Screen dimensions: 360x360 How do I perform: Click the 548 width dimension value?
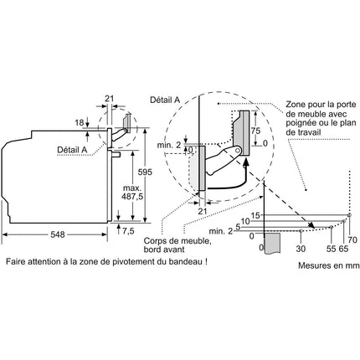point(58,234)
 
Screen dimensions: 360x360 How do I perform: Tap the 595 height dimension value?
point(145,172)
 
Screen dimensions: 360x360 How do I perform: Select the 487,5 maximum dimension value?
point(132,197)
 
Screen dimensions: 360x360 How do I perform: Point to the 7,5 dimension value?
point(128,231)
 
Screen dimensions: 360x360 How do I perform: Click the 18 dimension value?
point(80,122)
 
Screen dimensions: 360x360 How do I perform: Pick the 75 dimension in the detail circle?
point(255,131)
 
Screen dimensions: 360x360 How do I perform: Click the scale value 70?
point(352,239)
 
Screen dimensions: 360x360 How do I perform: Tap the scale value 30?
point(301,249)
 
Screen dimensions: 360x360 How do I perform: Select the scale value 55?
point(331,249)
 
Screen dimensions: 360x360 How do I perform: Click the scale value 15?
point(255,215)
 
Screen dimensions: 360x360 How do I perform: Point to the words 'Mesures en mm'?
point(329,265)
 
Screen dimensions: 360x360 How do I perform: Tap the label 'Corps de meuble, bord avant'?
point(177,244)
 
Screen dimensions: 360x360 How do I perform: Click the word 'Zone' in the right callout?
point(296,105)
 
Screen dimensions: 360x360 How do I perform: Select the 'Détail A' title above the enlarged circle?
point(165,100)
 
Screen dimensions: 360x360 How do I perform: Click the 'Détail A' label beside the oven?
point(72,150)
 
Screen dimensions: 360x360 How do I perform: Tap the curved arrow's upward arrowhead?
point(246,162)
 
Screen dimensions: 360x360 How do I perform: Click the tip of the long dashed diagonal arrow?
point(314,228)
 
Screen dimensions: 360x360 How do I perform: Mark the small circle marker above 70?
point(350,214)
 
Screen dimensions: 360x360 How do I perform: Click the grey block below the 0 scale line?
point(272,244)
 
